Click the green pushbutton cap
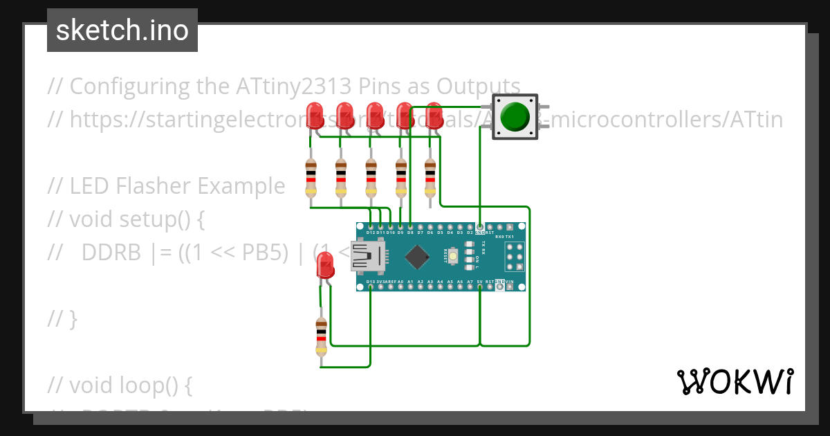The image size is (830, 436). coord(516,116)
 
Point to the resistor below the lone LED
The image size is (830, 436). coord(321,337)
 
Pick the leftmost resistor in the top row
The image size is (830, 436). coord(311,178)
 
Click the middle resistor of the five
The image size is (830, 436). coord(371,178)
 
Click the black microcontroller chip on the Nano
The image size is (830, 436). coord(416,257)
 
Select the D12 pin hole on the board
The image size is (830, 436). coord(371,226)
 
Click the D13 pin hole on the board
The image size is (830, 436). coord(371,287)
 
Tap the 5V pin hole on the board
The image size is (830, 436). coord(480,287)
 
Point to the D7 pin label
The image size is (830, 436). coord(421,233)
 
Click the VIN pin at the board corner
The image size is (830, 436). coord(510,287)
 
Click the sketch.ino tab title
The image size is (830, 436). coord(122,30)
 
